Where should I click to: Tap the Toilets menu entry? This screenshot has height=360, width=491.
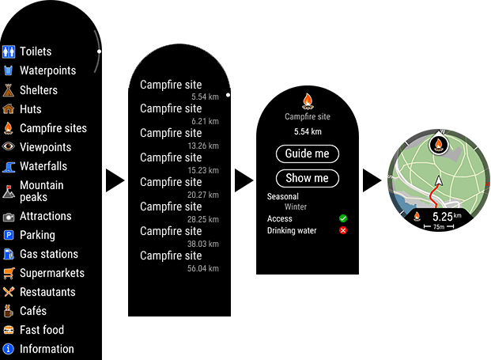(36, 51)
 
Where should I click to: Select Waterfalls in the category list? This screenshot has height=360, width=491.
(43, 166)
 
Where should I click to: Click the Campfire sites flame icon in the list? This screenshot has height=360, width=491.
(9, 128)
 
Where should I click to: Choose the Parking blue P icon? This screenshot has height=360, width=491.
(9, 235)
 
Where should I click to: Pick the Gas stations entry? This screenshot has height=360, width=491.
(48, 254)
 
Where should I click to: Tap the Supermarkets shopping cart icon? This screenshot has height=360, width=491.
(9, 273)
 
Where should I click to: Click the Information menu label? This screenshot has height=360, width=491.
(47, 349)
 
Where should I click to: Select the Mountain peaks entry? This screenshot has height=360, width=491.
(41, 191)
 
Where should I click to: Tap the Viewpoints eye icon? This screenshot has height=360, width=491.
(9, 147)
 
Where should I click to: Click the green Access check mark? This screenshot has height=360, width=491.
(343, 218)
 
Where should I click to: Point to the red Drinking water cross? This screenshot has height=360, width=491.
(343, 231)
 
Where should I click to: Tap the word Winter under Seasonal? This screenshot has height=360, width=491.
(296, 207)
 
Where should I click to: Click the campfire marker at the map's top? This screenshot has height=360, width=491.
(437, 145)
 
